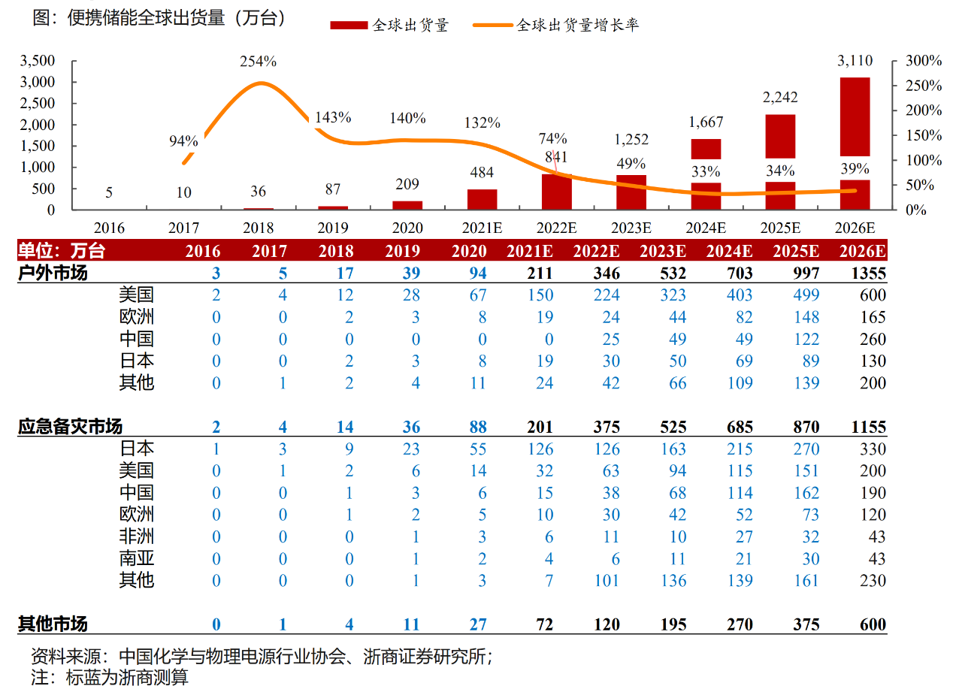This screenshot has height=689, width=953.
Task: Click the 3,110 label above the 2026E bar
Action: click(x=855, y=62)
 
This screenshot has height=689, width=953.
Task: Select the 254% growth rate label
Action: click(x=258, y=61)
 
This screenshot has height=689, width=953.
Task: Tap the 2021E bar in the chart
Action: click(x=482, y=199)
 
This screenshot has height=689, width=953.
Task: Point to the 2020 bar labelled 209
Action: click(x=407, y=205)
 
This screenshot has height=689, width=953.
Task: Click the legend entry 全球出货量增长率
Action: click(x=577, y=26)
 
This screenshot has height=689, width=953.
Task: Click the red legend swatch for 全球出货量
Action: click(x=349, y=26)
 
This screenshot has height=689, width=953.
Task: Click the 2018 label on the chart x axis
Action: click(x=259, y=228)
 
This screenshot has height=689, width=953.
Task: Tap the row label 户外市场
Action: click(x=53, y=273)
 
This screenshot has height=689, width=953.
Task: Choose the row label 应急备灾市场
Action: click(x=70, y=428)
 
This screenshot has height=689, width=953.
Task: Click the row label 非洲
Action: click(x=136, y=536)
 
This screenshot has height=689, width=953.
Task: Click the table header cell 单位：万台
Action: click(x=62, y=251)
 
